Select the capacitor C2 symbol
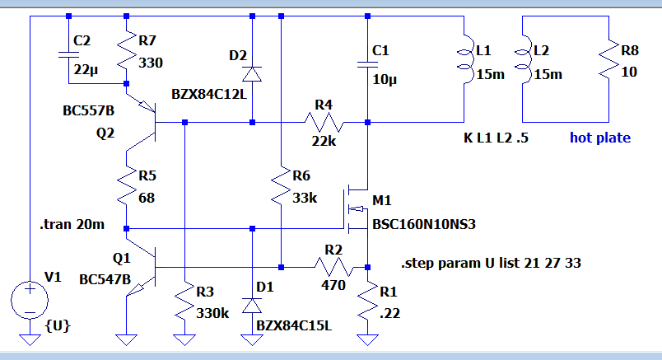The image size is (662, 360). click(x=68, y=54)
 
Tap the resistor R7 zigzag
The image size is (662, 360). click(x=126, y=52)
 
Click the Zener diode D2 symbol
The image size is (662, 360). click(x=252, y=74)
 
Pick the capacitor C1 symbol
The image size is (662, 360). click(x=367, y=64)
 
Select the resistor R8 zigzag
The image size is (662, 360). click(x=608, y=59)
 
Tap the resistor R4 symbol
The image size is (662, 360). click(x=324, y=123)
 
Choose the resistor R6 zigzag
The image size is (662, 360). click(x=281, y=186)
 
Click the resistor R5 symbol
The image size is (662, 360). click(x=126, y=186)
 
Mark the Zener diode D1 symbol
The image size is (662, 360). click(x=252, y=305)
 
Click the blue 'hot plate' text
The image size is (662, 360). click(x=600, y=138)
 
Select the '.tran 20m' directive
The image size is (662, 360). click(x=72, y=224)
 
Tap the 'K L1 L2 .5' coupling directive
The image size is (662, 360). click(x=496, y=138)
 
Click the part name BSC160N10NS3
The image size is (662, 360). click(x=424, y=224)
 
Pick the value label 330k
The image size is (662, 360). click(x=212, y=313)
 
